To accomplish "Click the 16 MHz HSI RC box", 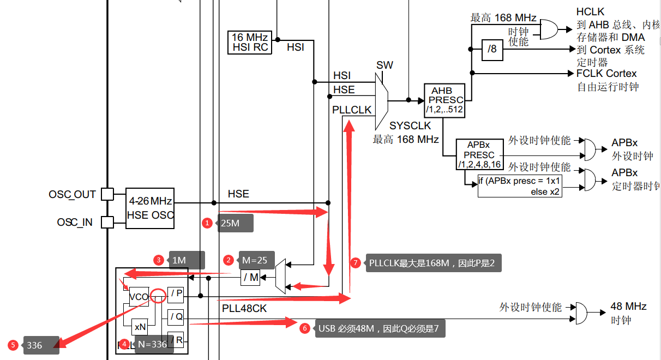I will coord(249,43).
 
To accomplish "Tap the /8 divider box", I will coord(492,50).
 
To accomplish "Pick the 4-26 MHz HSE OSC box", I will coord(150,208).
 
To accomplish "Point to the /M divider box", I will coord(250,278).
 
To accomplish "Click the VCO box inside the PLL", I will coord(139,297).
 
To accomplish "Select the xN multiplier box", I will coord(140,327).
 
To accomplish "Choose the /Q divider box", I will coord(176,317).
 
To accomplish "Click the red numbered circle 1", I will coord(207,223).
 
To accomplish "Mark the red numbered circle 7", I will coord(356,263).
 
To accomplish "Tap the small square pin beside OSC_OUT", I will coord(107,194).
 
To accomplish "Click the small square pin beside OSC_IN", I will coord(107,222).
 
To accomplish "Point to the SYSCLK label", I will coord(410,126).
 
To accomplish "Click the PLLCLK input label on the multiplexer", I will coord(352,110).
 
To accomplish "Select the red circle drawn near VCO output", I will coord(158,296).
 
